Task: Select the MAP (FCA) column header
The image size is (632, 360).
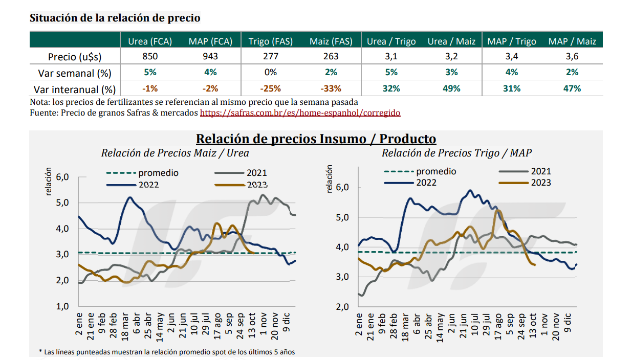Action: pyautogui.click(x=210, y=41)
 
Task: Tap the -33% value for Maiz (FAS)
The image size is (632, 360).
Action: pyautogui.click(x=331, y=88)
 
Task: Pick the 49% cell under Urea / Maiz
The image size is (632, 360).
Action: pyautogui.click(x=451, y=88)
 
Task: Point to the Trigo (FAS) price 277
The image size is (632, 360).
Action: pyautogui.click(x=270, y=57)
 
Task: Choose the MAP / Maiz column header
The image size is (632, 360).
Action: pyautogui.click(x=572, y=41)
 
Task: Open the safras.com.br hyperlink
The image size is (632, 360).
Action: pyautogui.click(x=300, y=112)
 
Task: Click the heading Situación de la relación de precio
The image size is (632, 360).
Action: pyautogui.click(x=115, y=18)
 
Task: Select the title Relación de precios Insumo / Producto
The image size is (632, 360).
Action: pyautogui.click(x=316, y=139)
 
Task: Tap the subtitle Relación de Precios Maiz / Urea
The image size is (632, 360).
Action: pyautogui.click(x=175, y=152)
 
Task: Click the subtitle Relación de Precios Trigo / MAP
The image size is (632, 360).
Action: pyautogui.click(x=456, y=152)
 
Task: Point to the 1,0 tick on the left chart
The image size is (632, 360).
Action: pyautogui.click(x=62, y=306)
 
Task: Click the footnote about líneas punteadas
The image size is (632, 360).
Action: pyautogui.click(x=167, y=352)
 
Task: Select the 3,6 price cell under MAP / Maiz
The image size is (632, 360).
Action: pyautogui.click(x=572, y=57)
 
